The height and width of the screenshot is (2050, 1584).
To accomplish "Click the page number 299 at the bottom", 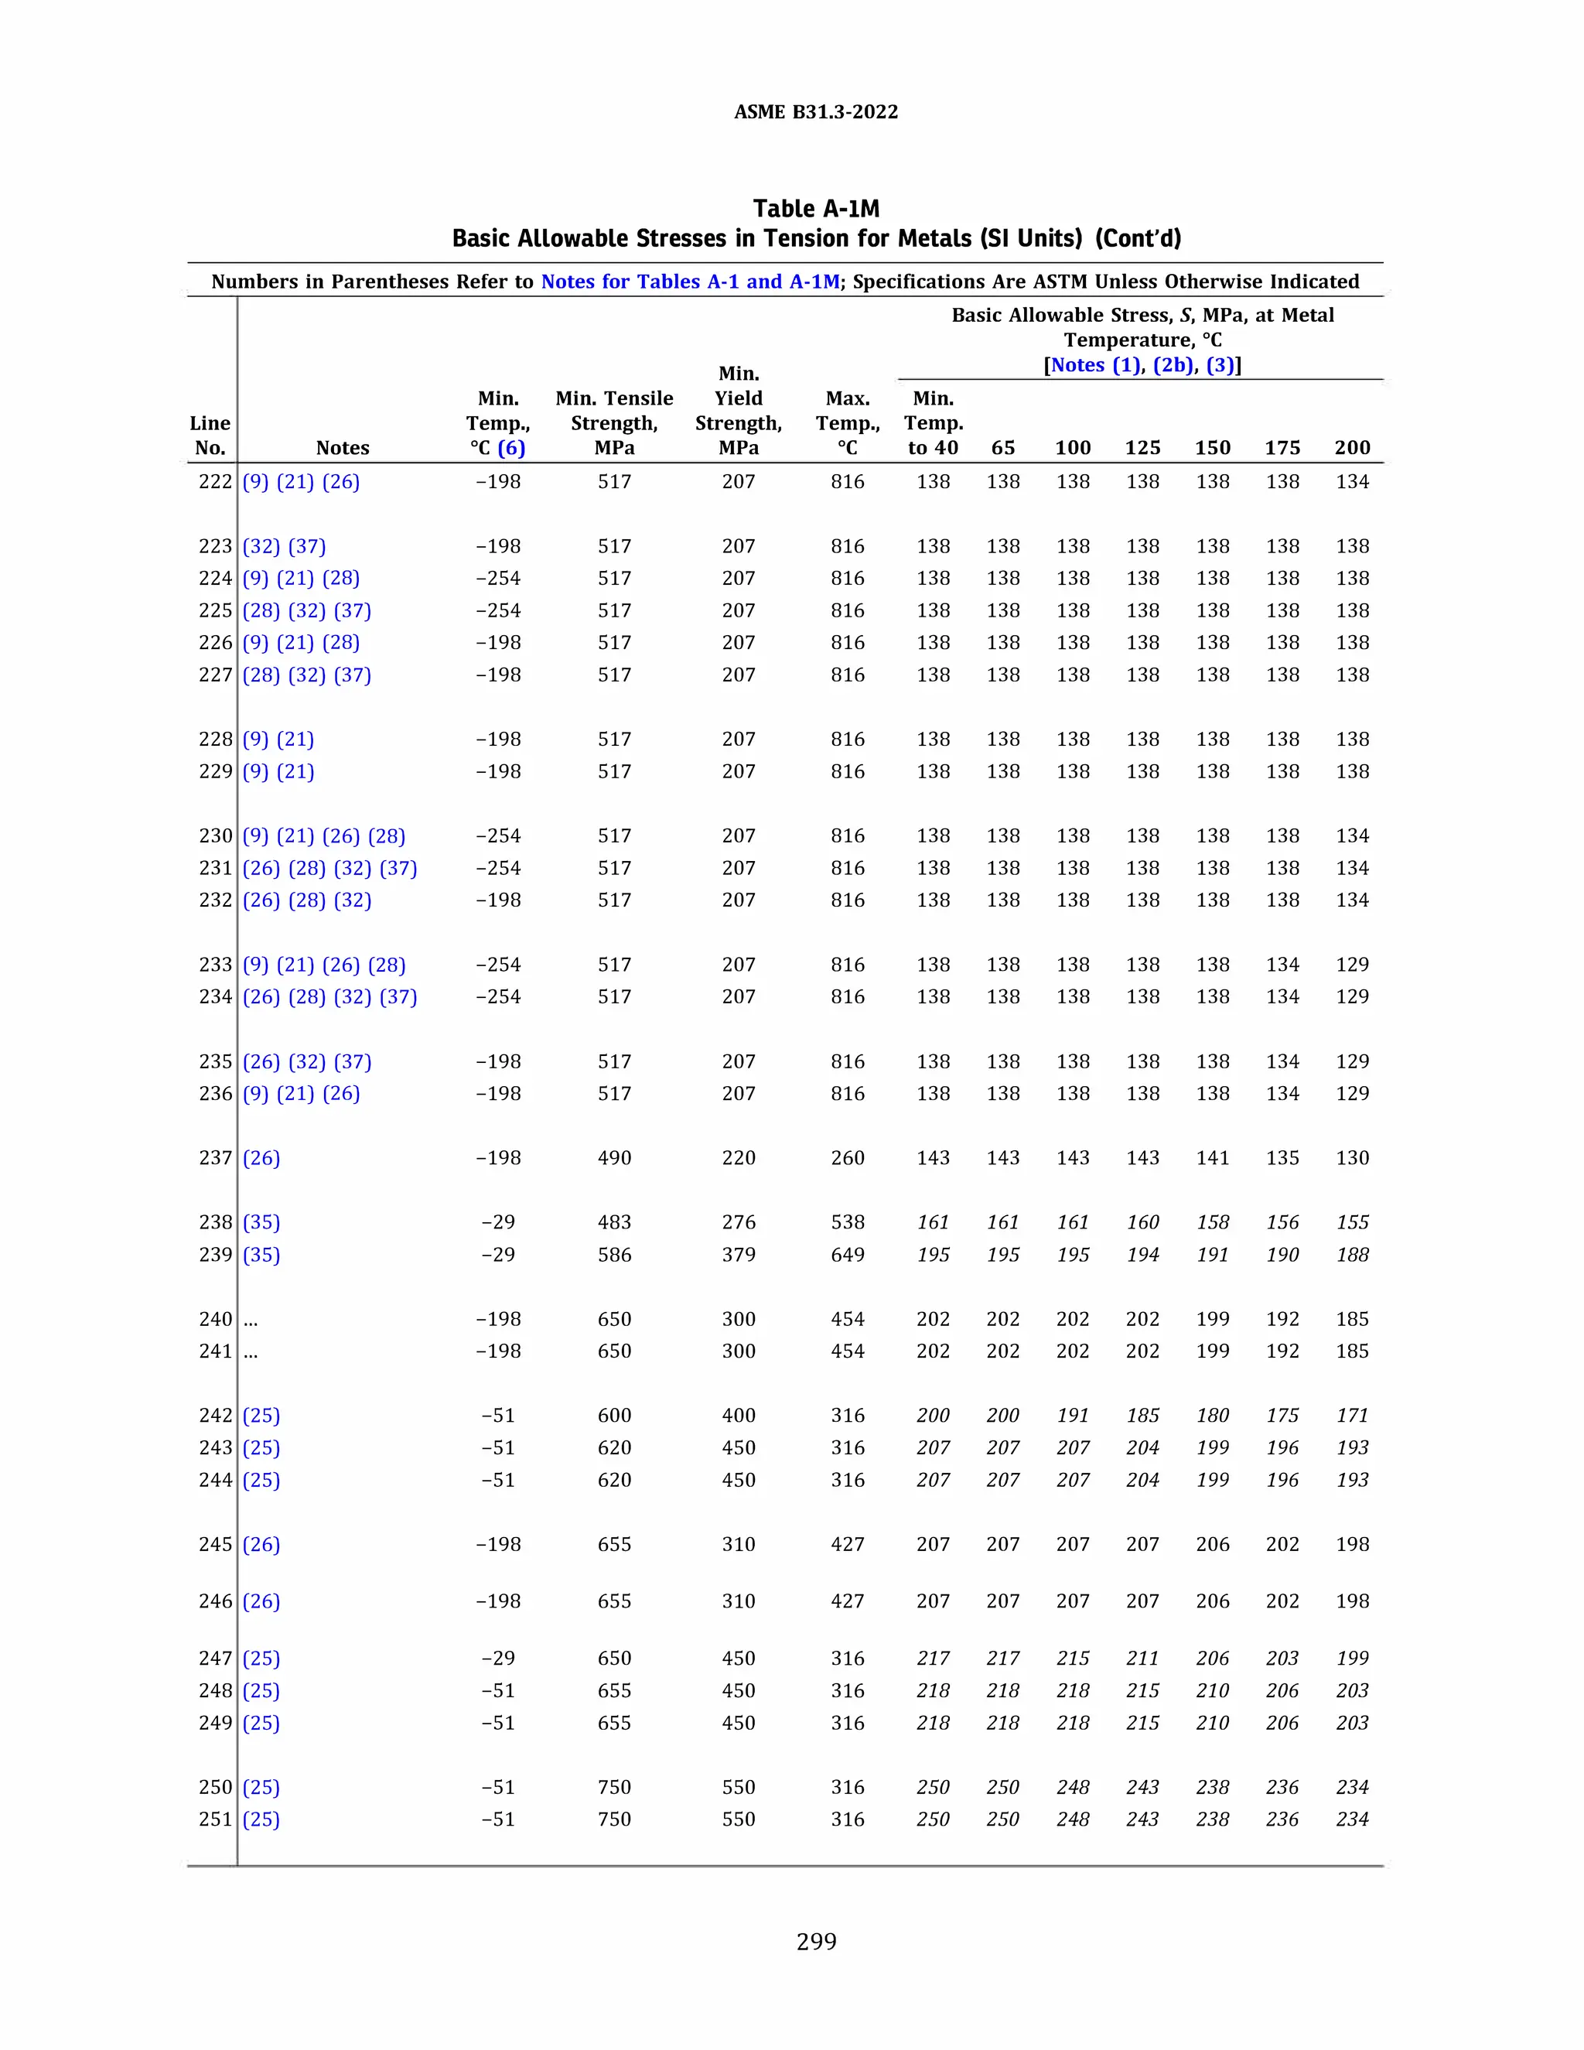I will [815, 1941].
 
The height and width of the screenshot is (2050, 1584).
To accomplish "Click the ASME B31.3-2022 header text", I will [815, 111].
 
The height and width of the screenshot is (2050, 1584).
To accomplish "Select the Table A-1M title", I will [815, 208].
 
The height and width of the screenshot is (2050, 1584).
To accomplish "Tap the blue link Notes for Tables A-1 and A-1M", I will [690, 282].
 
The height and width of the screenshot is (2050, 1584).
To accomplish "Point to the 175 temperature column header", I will [1282, 448].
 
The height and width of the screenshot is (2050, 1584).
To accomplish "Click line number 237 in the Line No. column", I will [215, 1157].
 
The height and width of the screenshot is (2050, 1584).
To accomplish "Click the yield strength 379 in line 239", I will [739, 1254].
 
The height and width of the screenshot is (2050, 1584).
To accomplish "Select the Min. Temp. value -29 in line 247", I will [497, 1658].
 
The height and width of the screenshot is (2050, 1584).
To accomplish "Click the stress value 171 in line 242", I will [1352, 1416].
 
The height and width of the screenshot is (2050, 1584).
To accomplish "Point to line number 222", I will [215, 481].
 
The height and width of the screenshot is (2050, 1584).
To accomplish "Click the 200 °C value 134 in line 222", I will [1352, 481].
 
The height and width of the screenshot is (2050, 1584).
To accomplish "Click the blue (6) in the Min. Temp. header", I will [511, 448].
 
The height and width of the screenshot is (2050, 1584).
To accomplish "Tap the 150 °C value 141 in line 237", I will [1213, 1157].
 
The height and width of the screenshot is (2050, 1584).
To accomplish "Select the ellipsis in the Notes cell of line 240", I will [251, 1321].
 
